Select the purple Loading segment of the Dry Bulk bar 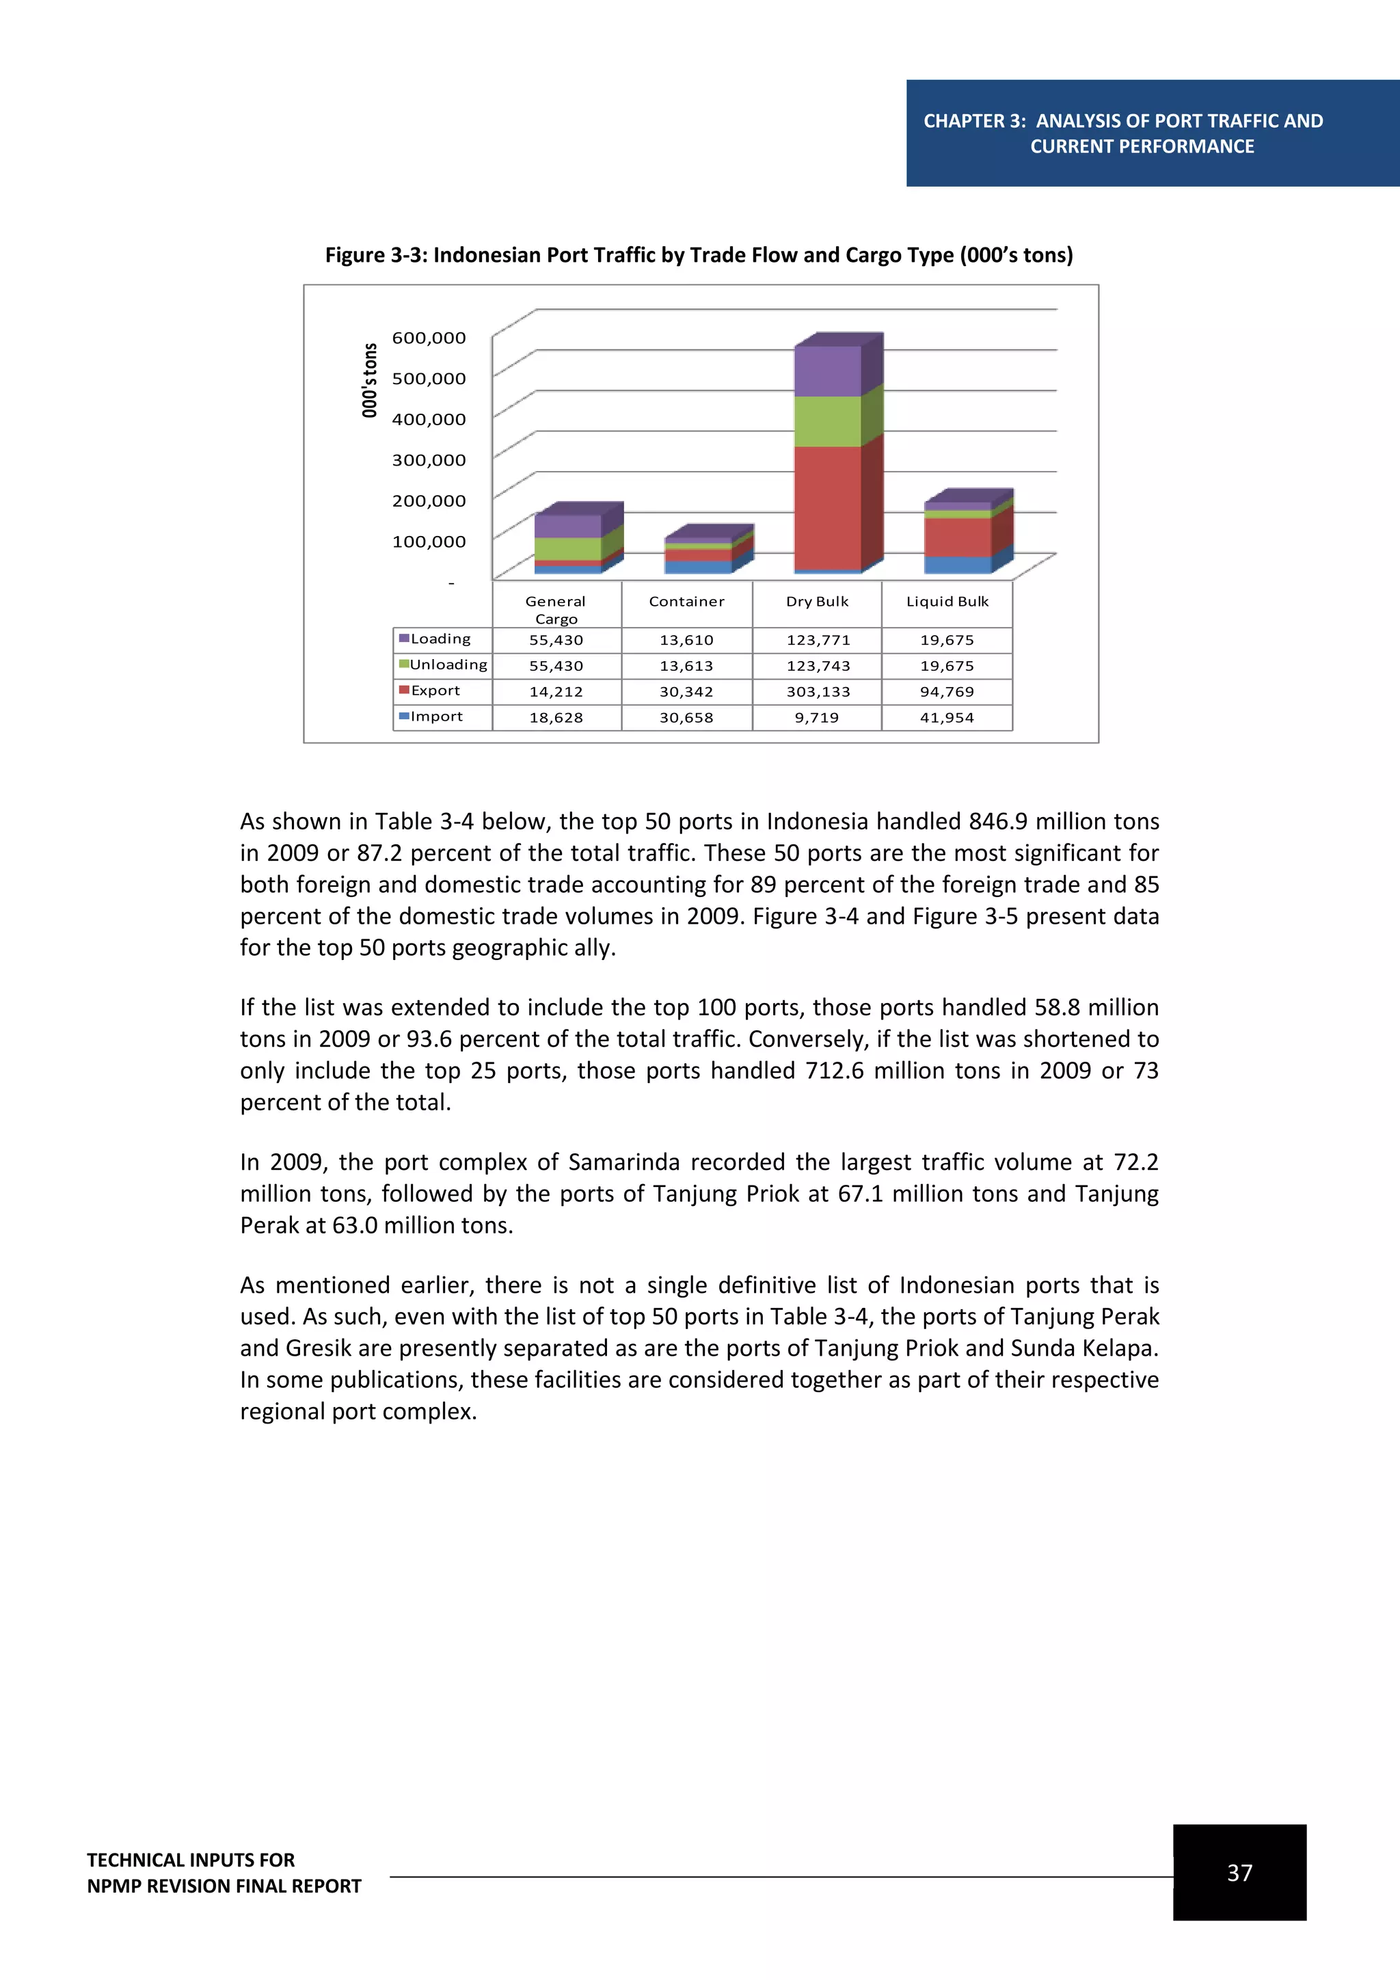(826, 371)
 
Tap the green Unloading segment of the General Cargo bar (567, 548)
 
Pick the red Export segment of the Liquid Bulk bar (957, 537)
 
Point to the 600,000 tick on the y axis (429, 338)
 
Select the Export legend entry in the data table (435, 691)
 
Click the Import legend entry (435, 717)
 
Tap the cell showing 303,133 (818, 692)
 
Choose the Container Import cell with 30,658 (686, 717)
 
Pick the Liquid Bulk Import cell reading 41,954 (947, 717)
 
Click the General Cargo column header (556, 608)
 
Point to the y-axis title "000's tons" (370, 380)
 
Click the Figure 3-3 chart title (698, 255)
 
